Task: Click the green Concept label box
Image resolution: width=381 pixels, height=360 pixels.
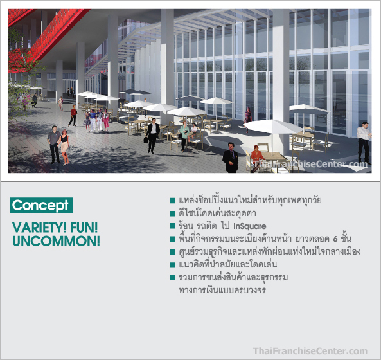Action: point(41,206)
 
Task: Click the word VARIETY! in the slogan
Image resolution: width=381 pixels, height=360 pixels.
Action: point(39,228)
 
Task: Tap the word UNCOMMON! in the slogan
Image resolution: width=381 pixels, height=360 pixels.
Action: point(56,241)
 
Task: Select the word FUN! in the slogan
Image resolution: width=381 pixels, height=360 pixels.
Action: point(84,228)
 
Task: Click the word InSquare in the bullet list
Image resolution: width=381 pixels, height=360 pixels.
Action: point(250,226)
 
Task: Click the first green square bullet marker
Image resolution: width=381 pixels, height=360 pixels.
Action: point(173,201)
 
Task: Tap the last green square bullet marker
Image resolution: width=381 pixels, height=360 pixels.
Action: point(173,277)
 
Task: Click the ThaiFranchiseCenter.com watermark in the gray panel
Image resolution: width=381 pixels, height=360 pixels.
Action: point(310,351)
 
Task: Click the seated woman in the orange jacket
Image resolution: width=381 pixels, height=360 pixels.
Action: point(257,158)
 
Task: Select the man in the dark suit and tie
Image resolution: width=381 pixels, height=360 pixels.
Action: point(231,157)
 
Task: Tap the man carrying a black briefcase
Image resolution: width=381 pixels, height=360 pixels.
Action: point(152,136)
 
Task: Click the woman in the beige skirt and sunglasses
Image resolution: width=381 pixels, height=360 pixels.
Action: point(64,147)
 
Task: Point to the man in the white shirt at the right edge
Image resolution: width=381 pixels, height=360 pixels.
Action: point(364,143)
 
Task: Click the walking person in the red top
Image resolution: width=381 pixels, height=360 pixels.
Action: point(73,116)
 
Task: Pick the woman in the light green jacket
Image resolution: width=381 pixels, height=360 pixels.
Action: point(184,136)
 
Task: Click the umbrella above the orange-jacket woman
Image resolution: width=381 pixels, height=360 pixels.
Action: point(273,127)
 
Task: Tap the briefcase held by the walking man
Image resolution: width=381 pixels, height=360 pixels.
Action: point(146,139)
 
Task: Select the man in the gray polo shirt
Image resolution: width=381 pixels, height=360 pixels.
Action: point(54,145)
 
